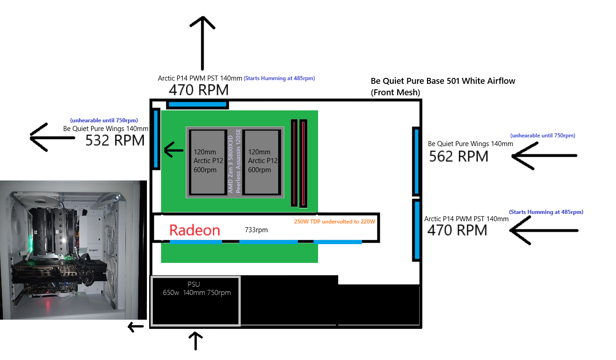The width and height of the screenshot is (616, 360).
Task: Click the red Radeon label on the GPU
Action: [195, 230]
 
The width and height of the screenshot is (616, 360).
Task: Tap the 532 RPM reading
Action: [115, 140]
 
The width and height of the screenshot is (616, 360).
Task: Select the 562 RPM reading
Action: [458, 156]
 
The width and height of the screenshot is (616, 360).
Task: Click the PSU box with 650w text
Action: [195, 301]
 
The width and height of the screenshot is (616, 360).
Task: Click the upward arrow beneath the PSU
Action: [195, 341]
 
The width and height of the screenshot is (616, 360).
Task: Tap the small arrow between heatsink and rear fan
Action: [173, 150]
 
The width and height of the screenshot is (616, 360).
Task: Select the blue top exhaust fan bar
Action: [197, 105]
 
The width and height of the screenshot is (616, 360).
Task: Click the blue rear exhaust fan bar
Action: [156, 139]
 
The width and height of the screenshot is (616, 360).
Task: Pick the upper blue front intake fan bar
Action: [416, 161]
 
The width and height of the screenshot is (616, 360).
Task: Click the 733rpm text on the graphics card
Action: [256, 230]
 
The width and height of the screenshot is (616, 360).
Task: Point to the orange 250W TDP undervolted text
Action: [334, 222]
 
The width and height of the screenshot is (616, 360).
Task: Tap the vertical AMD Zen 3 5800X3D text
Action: [234, 162]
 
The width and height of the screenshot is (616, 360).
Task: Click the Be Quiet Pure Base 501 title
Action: [443, 81]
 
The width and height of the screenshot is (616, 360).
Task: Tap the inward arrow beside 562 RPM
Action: [544, 156]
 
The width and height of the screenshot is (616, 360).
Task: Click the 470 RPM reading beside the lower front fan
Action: [457, 229]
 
